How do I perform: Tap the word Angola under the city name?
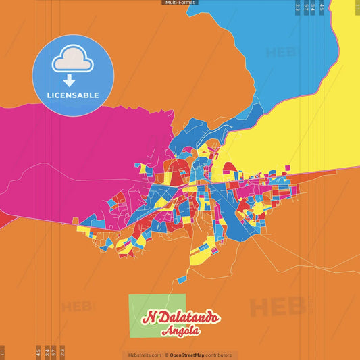[180, 331]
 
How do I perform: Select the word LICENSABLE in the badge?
[73, 95]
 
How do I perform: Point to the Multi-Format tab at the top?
[180, 3]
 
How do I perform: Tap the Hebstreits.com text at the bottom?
[143, 355]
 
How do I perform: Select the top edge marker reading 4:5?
[322, 7]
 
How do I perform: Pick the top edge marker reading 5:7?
[306, 7]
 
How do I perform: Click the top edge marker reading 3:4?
[313, 7]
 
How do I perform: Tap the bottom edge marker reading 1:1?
[3, 352]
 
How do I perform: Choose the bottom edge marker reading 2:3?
[62, 352]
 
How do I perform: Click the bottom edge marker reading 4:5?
[38, 352]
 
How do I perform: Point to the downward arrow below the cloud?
[70, 80]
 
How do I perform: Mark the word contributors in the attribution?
[219, 355]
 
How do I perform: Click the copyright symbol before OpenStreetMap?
[166, 355]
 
